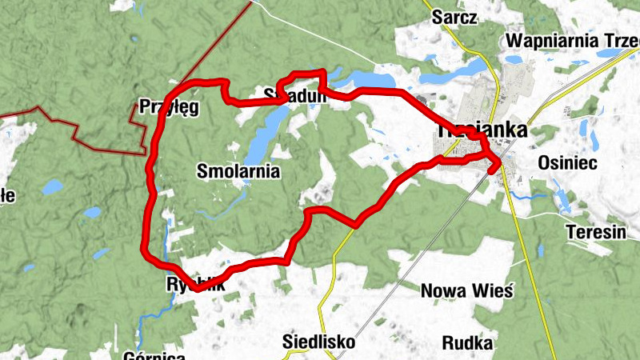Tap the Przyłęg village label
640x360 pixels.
point(168,107)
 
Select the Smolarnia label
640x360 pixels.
point(238,170)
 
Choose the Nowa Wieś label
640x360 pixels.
point(466,290)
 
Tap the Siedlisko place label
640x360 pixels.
point(318,342)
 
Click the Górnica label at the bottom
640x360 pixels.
point(156,355)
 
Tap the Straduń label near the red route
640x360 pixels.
point(295,97)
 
